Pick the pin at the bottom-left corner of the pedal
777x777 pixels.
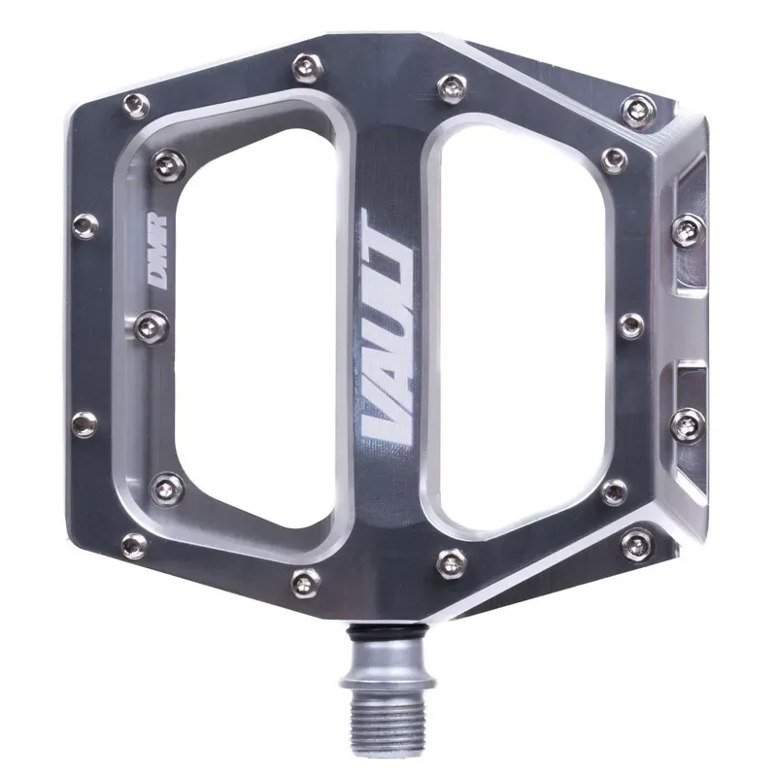point(135,545)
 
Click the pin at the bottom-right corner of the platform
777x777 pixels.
point(636,543)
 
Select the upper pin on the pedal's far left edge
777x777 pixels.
point(85,225)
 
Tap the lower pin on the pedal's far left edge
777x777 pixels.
point(85,423)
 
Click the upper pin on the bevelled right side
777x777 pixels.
point(689,229)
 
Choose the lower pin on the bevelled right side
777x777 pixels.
point(689,422)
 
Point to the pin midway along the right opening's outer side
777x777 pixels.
point(629,324)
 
